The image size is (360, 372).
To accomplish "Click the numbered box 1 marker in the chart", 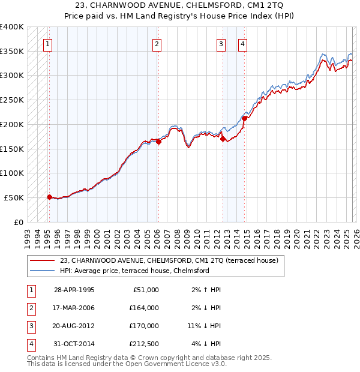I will click(47, 43).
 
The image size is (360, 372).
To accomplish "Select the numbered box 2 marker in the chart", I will click(157, 43).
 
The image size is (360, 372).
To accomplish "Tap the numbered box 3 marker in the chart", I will click(221, 43).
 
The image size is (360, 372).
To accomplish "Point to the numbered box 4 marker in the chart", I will click(242, 43).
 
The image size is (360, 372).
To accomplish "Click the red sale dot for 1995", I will click(50, 196).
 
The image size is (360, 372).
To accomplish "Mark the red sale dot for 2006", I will click(158, 142).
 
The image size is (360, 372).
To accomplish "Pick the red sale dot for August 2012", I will click(223, 139).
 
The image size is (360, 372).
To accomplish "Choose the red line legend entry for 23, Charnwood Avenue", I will click(169, 261).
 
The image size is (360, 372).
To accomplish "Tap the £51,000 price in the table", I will click(145, 290).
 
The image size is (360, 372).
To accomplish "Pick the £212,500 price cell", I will click(143, 344).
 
